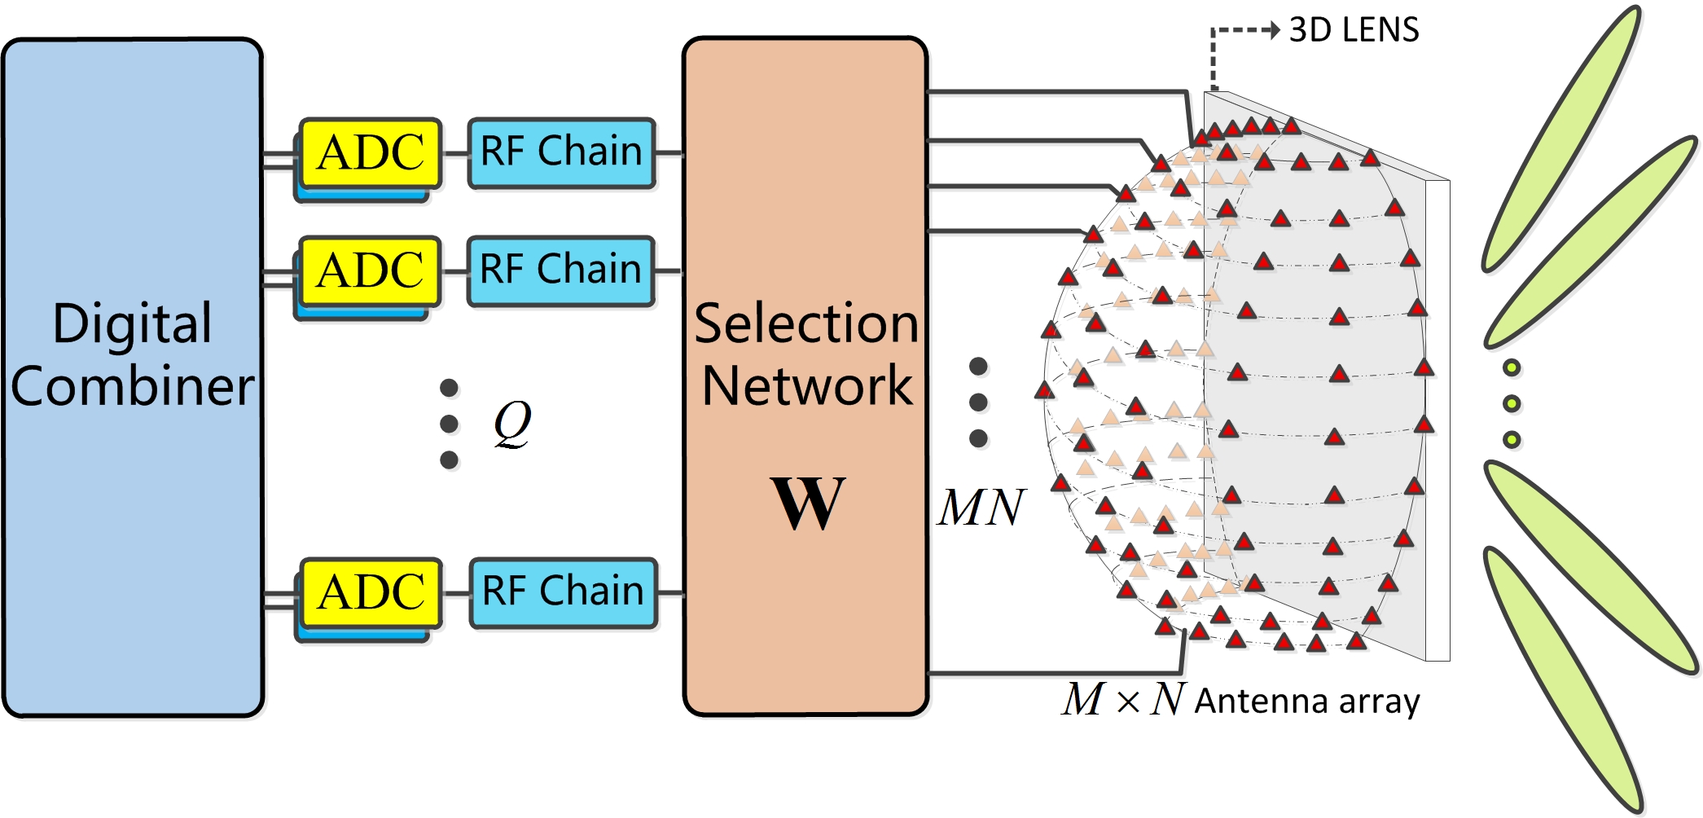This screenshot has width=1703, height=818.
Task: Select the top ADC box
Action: click(371, 153)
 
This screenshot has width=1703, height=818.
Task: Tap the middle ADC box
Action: click(370, 271)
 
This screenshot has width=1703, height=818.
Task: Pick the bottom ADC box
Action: click(371, 592)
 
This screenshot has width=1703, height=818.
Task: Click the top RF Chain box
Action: click(562, 152)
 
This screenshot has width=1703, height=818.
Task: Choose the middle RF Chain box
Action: click(561, 270)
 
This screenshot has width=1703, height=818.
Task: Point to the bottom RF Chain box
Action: click(563, 592)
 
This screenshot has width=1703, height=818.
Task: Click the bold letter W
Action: click(807, 503)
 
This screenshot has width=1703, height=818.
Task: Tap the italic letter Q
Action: click(512, 424)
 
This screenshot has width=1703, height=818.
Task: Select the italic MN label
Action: click(981, 508)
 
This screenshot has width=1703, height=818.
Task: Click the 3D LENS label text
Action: click(1354, 30)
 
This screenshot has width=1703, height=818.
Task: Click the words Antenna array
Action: click(1306, 701)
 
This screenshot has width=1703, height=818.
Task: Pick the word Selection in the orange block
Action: click(806, 323)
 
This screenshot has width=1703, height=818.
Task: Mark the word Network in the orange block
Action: click(806, 385)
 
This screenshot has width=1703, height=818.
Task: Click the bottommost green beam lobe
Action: click(1562, 680)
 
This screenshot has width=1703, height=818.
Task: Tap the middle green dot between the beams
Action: click(1512, 404)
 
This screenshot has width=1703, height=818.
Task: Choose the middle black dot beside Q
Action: click(449, 424)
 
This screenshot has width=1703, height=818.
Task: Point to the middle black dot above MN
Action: click(978, 402)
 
